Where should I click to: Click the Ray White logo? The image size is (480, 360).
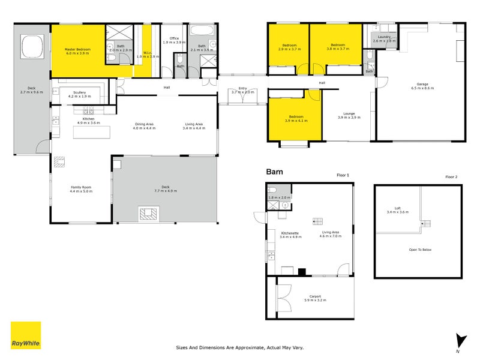click(26, 335)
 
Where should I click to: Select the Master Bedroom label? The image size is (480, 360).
click(77, 50)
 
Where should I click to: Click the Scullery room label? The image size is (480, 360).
click(79, 94)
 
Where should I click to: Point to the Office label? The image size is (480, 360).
click(175, 40)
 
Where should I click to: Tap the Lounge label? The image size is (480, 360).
click(349, 115)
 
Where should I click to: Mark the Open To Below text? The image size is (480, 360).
click(420, 250)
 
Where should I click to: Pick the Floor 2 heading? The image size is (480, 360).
click(451, 177)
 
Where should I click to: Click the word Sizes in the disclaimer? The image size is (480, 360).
click(182, 347)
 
